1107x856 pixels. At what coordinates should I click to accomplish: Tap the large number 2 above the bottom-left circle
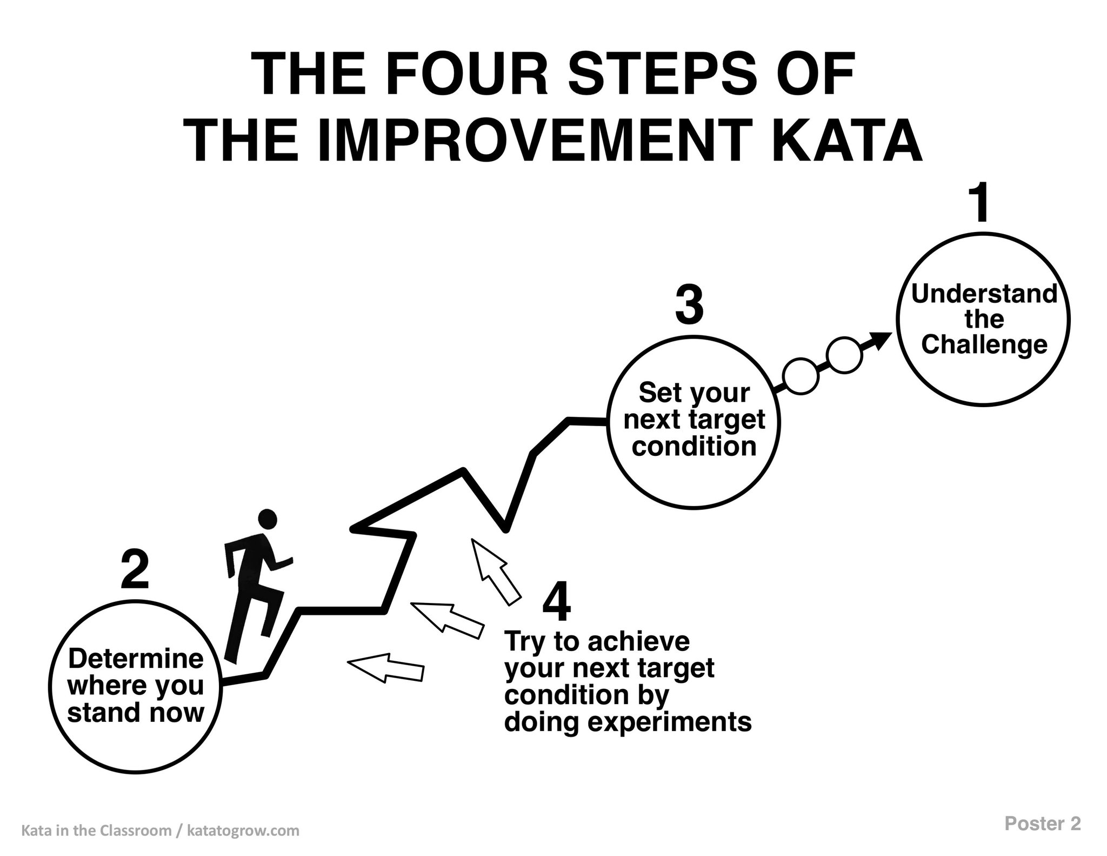[135, 569]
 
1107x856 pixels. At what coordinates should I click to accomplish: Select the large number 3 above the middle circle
[689, 306]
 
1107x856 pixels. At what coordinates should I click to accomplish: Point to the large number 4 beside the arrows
[556, 603]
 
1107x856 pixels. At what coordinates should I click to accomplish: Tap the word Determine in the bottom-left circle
[135, 659]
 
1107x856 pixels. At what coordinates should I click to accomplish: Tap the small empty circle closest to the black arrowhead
[844, 356]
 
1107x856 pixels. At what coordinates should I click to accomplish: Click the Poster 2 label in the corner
[1043, 824]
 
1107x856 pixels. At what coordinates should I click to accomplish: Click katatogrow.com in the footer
[243, 831]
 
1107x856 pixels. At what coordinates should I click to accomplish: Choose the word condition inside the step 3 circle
[694, 446]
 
